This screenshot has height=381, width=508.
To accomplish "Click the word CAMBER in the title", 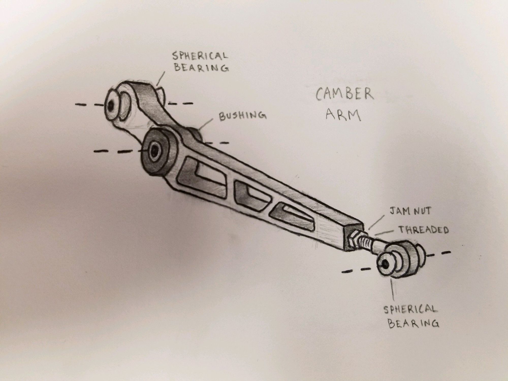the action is point(345,94).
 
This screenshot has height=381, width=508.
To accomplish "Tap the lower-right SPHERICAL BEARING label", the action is point(411,317).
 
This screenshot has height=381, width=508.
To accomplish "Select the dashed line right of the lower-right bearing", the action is point(438,254).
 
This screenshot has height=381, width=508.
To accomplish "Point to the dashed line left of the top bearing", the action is point(89,105).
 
